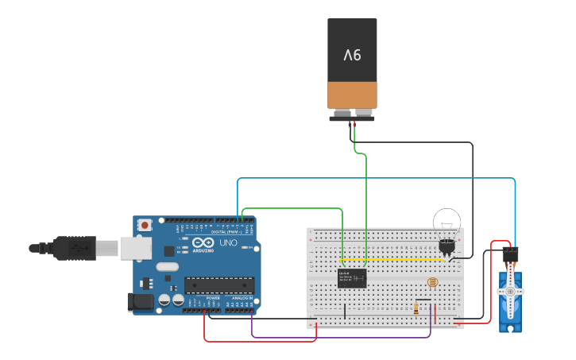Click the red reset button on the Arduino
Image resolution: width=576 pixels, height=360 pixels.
click(145, 226)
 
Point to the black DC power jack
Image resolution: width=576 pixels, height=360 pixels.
click(140, 302)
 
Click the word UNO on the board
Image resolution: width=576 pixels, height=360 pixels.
click(228, 243)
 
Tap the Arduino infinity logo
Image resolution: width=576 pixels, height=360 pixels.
click(203, 243)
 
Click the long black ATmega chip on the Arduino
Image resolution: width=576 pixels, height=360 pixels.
click(219, 285)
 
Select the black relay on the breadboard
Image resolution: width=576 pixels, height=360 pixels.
click(352, 278)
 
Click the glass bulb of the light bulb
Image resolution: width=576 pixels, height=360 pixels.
click(446, 222)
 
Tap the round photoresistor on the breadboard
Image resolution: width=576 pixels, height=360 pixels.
click(432, 282)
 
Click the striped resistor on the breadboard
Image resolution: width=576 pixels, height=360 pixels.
click(416, 309)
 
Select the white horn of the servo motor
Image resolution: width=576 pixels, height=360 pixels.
click(509, 292)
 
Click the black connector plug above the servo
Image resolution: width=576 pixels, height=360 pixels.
click(510, 255)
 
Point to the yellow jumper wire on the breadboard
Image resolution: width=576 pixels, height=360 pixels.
click(389, 259)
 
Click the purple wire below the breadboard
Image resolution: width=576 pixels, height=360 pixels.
click(342, 338)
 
